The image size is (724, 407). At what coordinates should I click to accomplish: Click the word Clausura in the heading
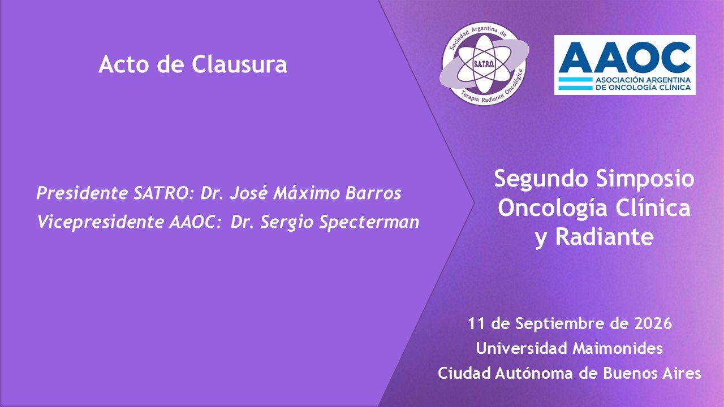(239, 64)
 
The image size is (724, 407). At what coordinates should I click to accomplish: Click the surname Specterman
(369, 223)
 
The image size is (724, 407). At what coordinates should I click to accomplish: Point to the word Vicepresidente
(101, 222)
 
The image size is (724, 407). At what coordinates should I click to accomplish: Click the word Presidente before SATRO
(83, 193)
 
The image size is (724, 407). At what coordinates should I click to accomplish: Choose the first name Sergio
(286, 223)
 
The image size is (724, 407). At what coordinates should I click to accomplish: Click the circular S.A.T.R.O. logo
(484, 64)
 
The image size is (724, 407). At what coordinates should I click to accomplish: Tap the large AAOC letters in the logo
(624, 58)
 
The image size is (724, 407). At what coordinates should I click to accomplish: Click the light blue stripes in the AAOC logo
(575, 84)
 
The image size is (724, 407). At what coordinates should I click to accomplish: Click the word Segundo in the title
(541, 180)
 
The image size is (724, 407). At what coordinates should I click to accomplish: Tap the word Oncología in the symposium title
(553, 209)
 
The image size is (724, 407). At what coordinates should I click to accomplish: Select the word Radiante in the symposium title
(605, 237)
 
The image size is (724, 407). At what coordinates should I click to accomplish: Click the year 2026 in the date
(653, 324)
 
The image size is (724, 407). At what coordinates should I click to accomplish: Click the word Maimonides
(618, 349)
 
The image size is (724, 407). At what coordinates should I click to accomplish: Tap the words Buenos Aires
(652, 374)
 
